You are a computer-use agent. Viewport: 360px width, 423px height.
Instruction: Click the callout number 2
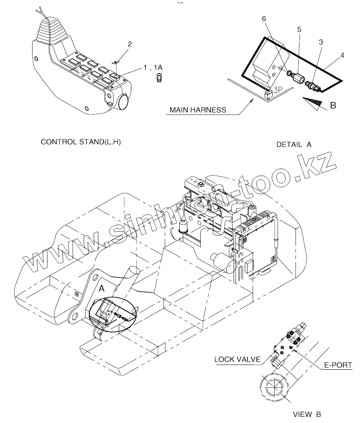[x=130, y=45]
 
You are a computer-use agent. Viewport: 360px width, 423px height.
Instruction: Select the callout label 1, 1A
[x=154, y=68]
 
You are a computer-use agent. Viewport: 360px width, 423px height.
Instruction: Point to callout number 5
[x=299, y=29]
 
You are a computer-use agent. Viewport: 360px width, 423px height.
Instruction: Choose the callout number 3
[x=321, y=42]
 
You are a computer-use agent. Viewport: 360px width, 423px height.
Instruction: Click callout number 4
[x=343, y=55]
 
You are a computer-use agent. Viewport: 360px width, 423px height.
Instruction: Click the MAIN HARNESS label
[x=198, y=110]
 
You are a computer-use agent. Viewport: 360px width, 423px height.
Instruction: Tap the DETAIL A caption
[x=294, y=145]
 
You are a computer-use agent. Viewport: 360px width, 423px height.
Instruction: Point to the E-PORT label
[x=338, y=366]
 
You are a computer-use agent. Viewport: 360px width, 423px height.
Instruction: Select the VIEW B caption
[x=307, y=414]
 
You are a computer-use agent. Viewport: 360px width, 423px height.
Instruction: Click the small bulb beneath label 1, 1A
[x=159, y=78]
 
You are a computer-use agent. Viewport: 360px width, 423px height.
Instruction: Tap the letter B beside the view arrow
[x=333, y=106]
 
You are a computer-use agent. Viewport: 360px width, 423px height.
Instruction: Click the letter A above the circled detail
[x=102, y=288]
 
